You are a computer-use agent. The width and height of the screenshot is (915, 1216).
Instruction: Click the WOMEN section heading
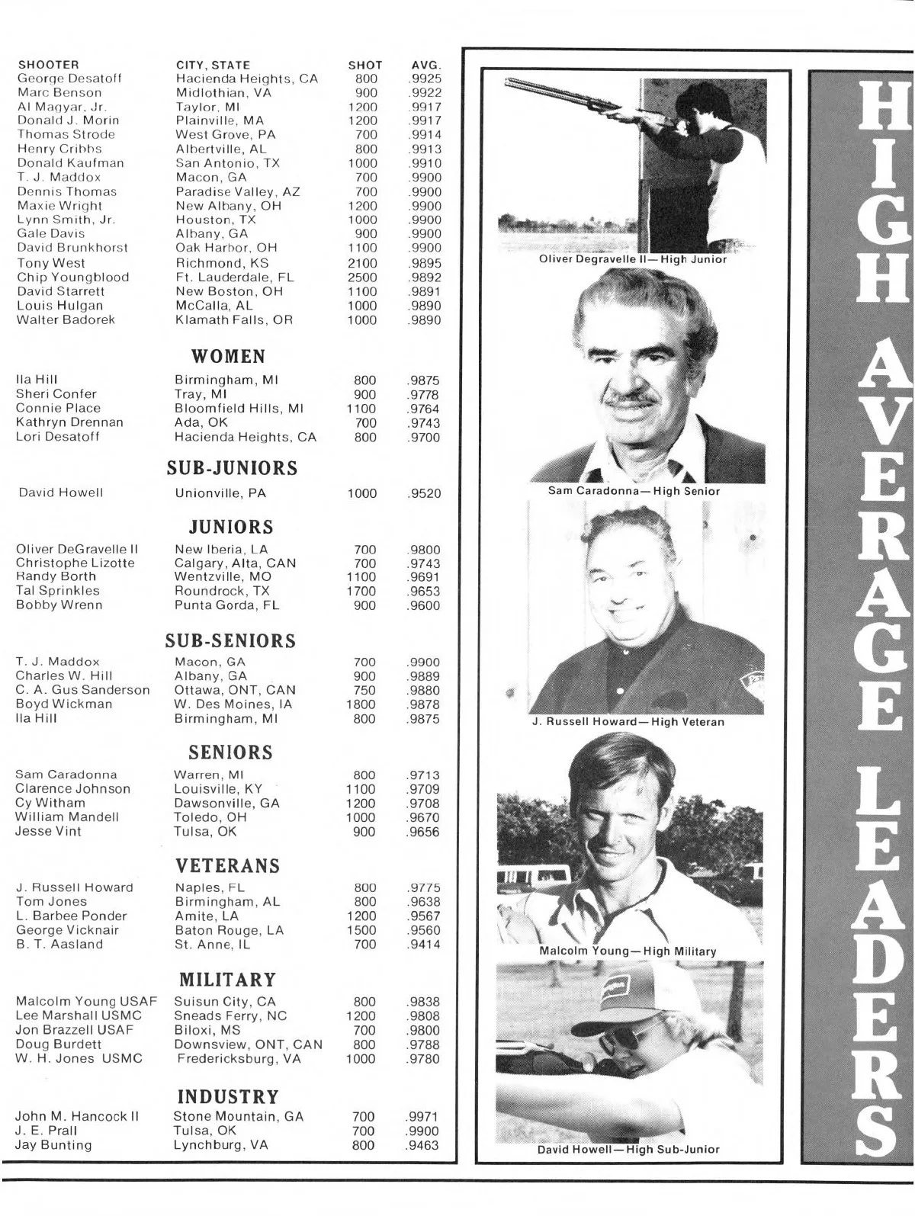pyautogui.click(x=228, y=357)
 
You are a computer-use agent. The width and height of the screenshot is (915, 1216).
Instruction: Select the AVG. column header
pyautogui.click(x=425, y=65)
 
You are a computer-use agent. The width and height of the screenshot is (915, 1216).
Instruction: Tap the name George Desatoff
pyautogui.click(x=69, y=79)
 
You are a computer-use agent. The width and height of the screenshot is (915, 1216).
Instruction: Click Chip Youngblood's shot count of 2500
pyautogui.click(x=362, y=278)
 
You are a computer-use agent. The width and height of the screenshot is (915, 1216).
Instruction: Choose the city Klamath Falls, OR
pyautogui.click(x=234, y=320)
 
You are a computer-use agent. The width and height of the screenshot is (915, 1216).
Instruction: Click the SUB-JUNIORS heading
pyautogui.click(x=232, y=468)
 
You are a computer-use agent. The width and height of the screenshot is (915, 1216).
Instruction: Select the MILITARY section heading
pyautogui.click(x=227, y=980)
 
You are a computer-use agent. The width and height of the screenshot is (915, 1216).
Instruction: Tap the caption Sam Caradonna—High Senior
pyautogui.click(x=634, y=491)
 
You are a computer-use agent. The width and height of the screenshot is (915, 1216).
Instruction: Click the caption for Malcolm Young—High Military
pyautogui.click(x=628, y=951)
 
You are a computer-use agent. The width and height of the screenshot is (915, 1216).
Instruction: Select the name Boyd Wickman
pyautogui.click(x=64, y=704)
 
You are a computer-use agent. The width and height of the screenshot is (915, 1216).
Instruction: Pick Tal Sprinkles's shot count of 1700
pyautogui.click(x=361, y=591)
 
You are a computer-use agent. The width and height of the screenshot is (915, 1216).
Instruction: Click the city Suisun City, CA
pyautogui.click(x=225, y=1002)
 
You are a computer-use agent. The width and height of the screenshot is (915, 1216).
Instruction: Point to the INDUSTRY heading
pyautogui.click(x=228, y=1097)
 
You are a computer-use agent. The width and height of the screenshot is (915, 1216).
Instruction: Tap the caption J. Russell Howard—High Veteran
pyautogui.click(x=628, y=721)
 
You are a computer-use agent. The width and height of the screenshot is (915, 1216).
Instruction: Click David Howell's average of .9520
pyautogui.click(x=423, y=493)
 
